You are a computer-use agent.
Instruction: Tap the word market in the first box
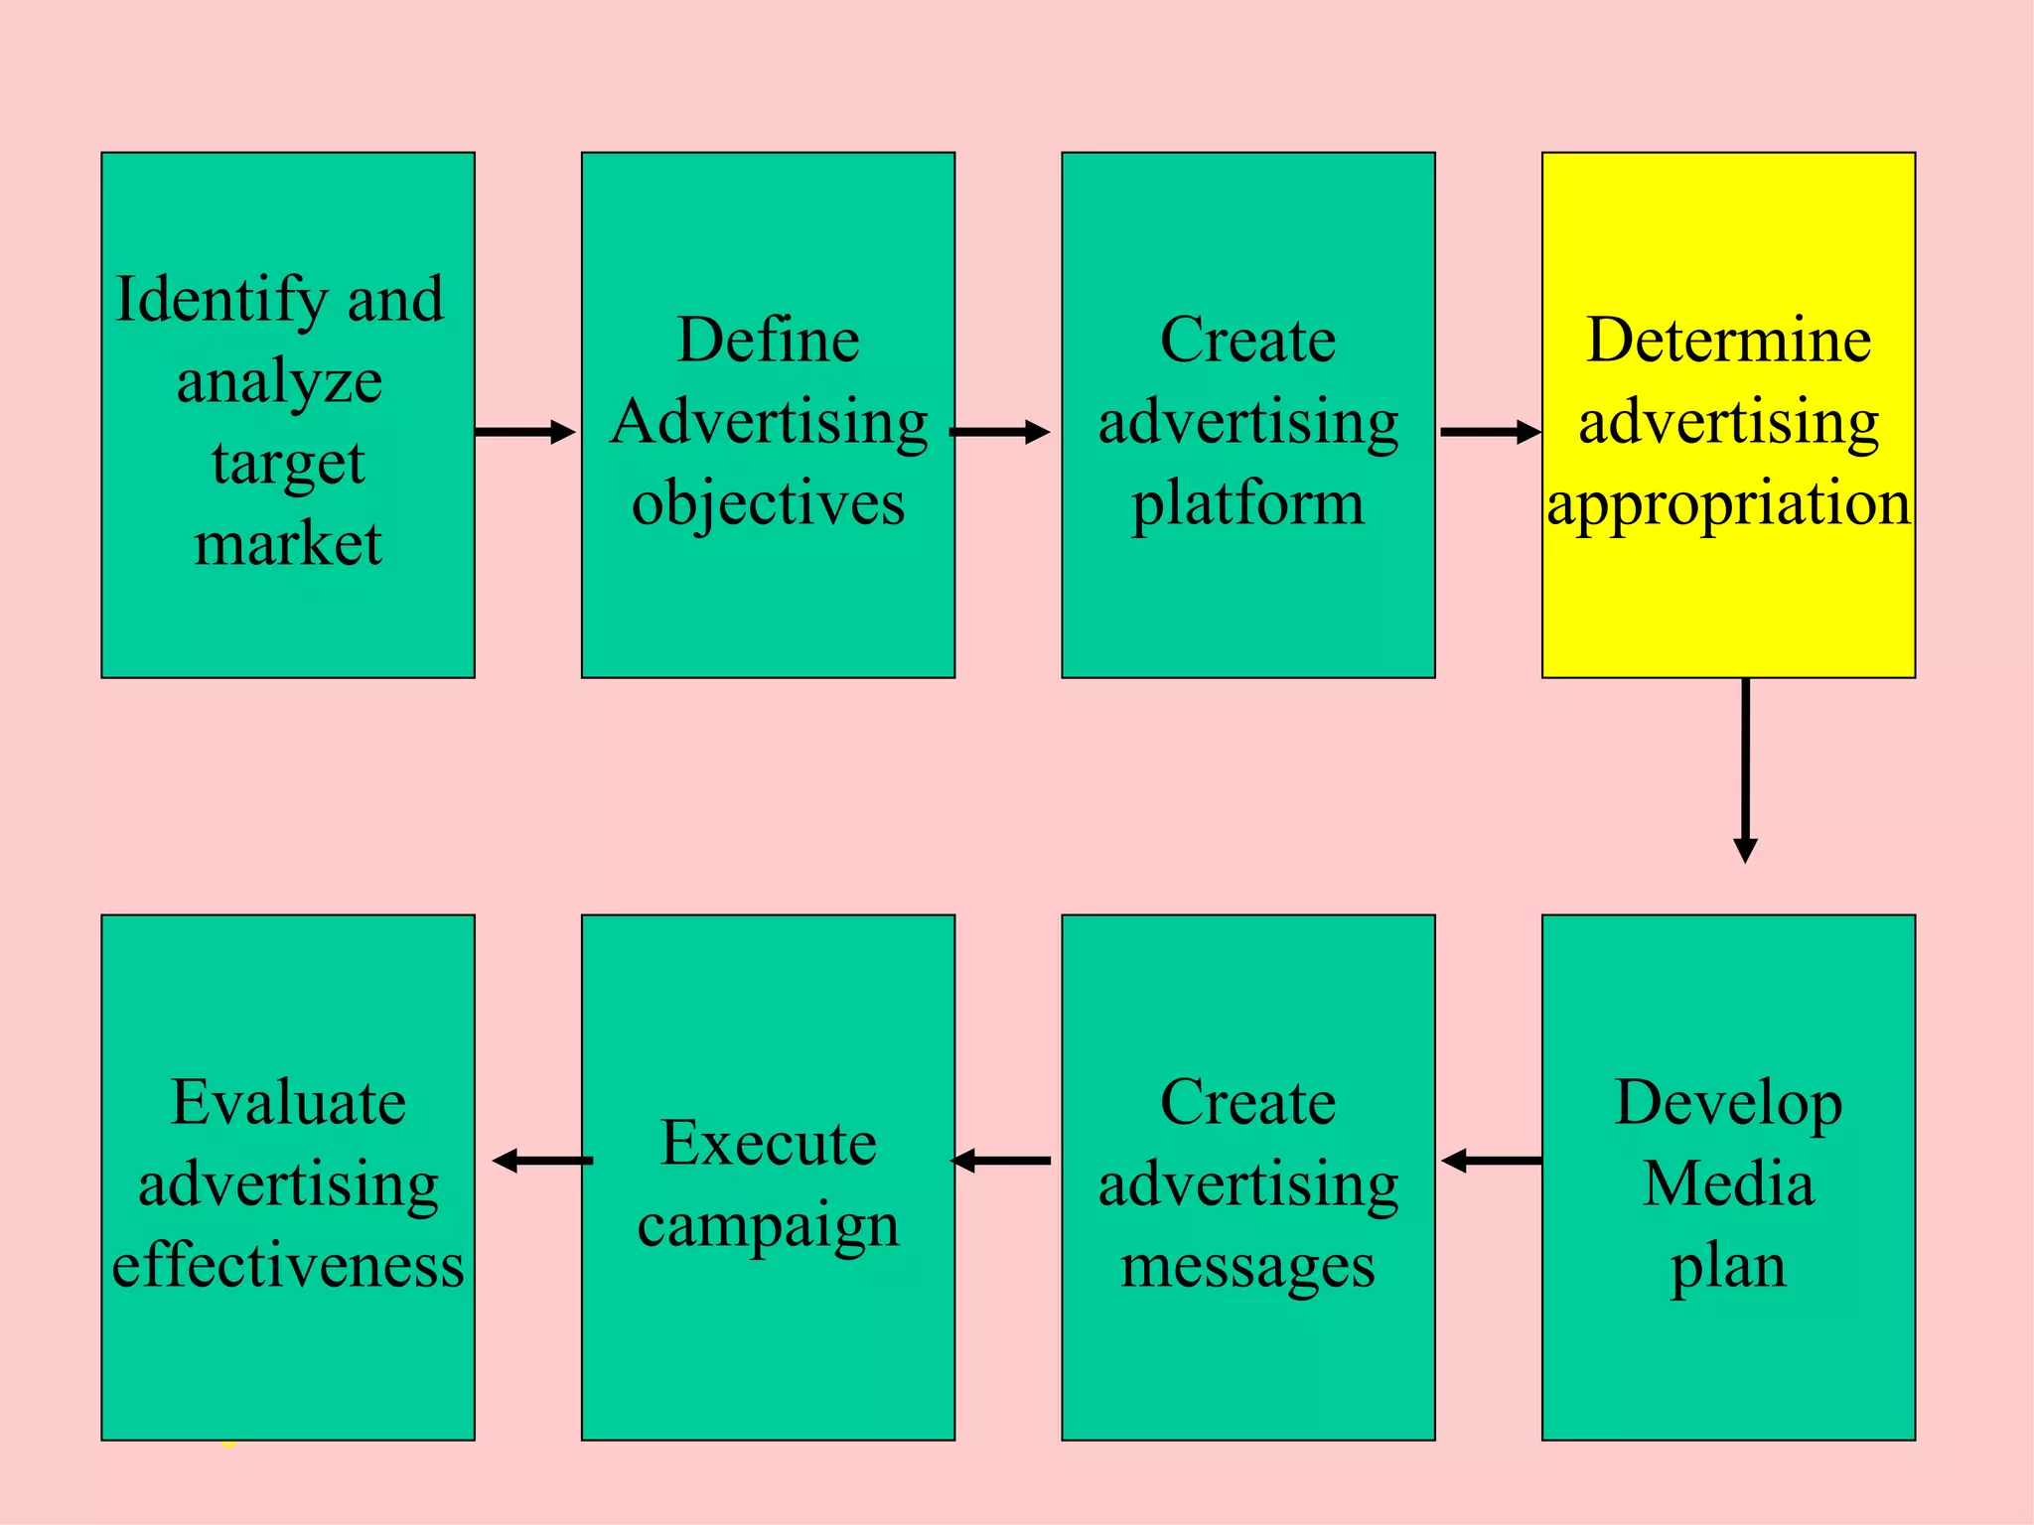[288, 544]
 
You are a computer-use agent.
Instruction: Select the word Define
[768, 341]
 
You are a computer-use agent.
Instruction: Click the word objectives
[768, 503]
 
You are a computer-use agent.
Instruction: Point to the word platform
[1247, 503]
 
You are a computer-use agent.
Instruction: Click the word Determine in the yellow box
[1728, 341]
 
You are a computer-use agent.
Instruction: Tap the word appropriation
[1728, 503]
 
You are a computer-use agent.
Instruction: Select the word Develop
[1728, 1103]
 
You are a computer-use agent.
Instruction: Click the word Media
[1728, 1184]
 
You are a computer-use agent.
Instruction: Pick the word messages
[1247, 1267]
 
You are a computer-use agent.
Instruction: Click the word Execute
[768, 1144]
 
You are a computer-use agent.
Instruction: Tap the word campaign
[768, 1226]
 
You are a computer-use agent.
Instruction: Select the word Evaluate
[288, 1103]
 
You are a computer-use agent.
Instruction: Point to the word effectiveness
[288, 1267]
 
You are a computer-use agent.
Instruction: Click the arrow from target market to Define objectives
[524, 432]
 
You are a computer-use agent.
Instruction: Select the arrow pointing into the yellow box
[1490, 432]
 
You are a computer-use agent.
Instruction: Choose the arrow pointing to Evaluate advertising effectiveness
[542, 1160]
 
